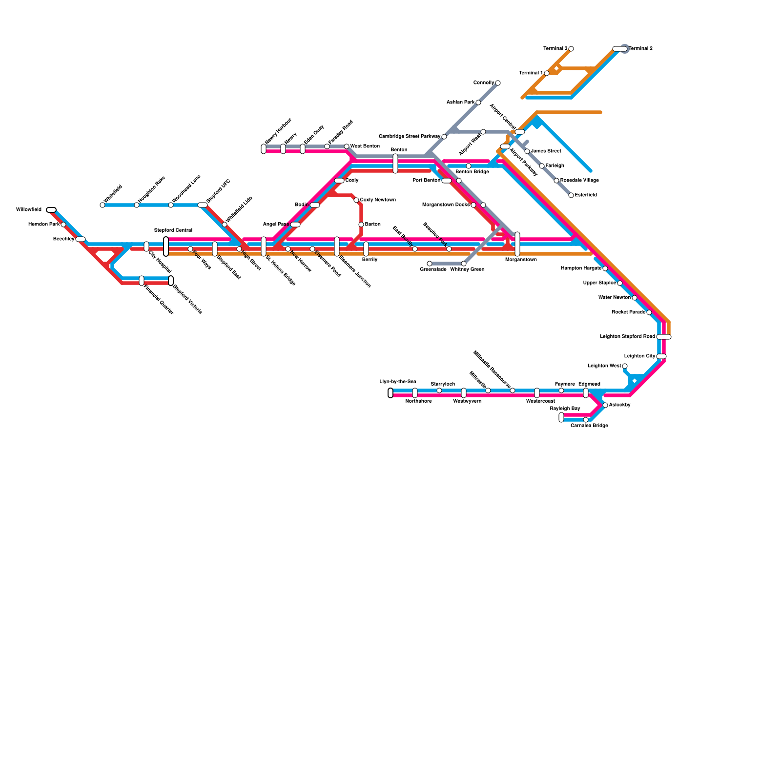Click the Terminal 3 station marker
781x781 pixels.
[x=571, y=49]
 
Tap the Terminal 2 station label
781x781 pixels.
[x=640, y=49]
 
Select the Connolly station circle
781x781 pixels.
[x=498, y=83]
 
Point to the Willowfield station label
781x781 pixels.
[x=29, y=210]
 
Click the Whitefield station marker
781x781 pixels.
[x=103, y=205]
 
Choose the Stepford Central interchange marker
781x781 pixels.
[x=166, y=247]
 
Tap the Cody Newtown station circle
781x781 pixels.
[x=356, y=200]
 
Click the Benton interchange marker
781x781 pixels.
[x=395, y=164]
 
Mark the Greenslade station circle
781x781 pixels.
[x=430, y=264]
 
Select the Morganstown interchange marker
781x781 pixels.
[x=517, y=244]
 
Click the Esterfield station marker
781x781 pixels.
[x=571, y=195]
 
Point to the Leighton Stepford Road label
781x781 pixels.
[x=627, y=337]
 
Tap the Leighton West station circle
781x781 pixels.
[x=625, y=366]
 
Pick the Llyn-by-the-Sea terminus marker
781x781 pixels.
[x=390, y=393]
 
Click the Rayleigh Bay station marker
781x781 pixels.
[x=561, y=417]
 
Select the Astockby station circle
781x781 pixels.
[x=605, y=405]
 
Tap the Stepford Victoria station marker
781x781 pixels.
[x=171, y=281]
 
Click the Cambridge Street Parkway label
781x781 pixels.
[x=410, y=137]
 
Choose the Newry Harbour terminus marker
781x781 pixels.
[x=264, y=149]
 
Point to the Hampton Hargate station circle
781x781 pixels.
[x=605, y=268]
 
